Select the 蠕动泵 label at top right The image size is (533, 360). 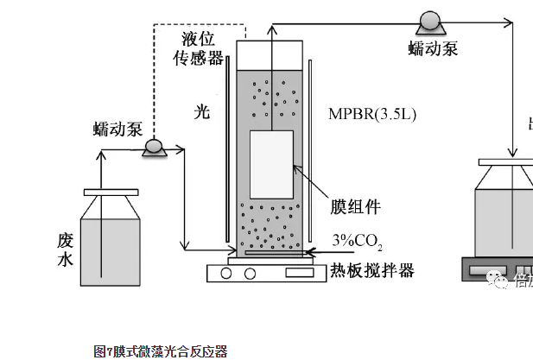point(433,48)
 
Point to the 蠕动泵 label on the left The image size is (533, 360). point(117,129)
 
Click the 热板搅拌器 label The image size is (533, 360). point(372,271)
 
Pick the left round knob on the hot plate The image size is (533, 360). point(228,273)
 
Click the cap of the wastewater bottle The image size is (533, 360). point(110,192)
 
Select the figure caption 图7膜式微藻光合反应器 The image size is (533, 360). point(160,351)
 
